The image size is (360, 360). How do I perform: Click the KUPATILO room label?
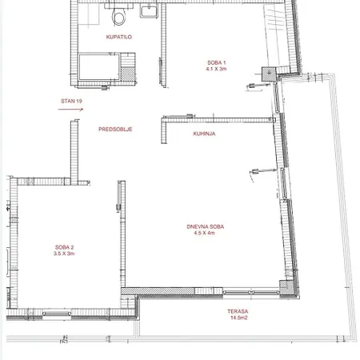(x=119, y=37)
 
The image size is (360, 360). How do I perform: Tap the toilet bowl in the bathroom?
(x=118, y=16)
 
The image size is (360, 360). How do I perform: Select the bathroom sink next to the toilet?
(x=149, y=11)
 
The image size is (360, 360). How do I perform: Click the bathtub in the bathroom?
(x=99, y=67)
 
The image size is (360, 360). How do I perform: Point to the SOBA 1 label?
(x=217, y=62)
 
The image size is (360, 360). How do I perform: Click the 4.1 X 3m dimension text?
(x=216, y=69)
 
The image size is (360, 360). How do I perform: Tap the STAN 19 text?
(x=71, y=101)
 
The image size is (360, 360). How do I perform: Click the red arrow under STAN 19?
(x=71, y=109)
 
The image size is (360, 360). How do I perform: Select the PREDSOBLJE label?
(x=115, y=130)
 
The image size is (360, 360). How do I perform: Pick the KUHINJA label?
(x=204, y=134)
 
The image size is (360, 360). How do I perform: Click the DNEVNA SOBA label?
(x=206, y=226)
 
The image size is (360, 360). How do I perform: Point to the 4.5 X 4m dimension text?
(x=204, y=233)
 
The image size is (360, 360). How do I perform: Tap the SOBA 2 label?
(x=64, y=247)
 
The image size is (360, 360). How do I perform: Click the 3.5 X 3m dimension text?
(x=64, y=254)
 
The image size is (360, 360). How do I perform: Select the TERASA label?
(x=238, y=311)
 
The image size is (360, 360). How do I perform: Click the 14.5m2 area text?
(x=238, y=318)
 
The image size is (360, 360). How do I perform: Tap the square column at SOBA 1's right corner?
(x=269, y=74)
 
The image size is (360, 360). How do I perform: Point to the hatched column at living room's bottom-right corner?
(x=286, y=288)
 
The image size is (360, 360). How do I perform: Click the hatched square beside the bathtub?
(x=128, y=74)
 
